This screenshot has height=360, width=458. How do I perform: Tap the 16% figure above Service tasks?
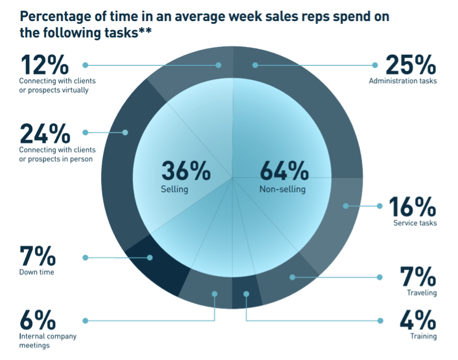(413, 206)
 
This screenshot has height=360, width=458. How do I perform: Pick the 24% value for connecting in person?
(44, 133)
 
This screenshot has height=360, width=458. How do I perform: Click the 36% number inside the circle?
(186, 171)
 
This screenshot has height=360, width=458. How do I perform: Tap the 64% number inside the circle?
(284, 171)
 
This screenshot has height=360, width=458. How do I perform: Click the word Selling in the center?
(174, 190)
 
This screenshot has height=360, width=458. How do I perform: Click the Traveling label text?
(422, 293)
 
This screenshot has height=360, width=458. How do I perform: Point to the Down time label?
(36, 272)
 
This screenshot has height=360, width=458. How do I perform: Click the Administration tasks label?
(403, 80)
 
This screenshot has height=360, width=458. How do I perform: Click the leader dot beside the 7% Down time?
(85, 257)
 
